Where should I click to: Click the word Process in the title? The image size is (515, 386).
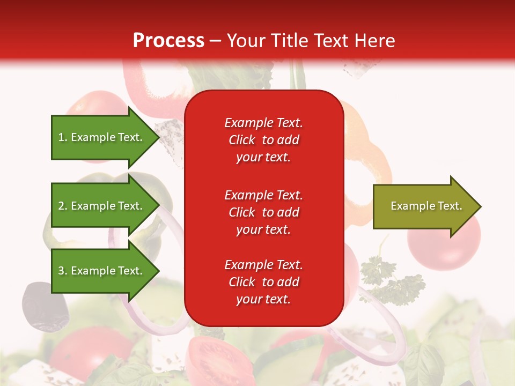[x=168, y=40]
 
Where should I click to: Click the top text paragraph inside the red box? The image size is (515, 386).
[x=263, y=139]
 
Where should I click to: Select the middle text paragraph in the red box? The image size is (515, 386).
[x=263, y=212]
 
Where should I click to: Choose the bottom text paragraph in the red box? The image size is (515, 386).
[x=263, y=282]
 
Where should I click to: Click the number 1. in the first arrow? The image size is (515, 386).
[x=63, y=137]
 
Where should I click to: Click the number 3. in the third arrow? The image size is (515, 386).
[x=63, y=271]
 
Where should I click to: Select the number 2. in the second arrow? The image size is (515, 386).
[x=63, y=206]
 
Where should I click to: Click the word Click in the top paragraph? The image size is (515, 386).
[x=241, y=140]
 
